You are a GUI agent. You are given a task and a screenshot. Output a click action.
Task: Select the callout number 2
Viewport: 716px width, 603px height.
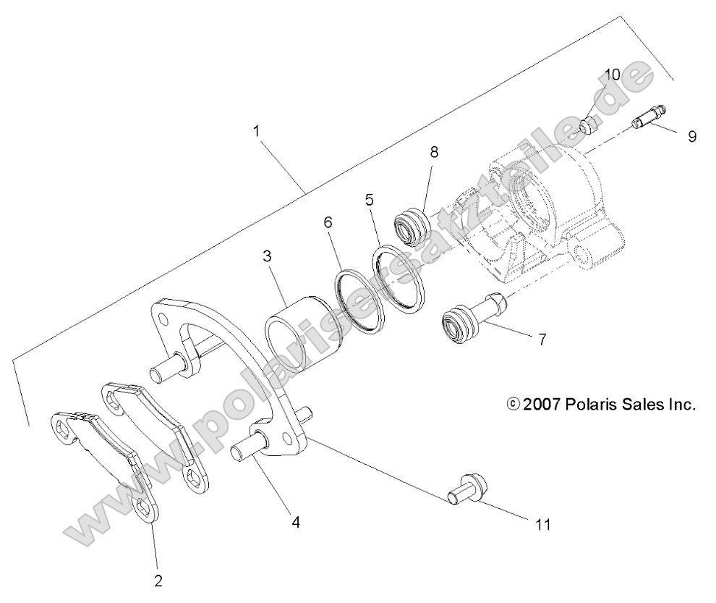[x=158, y=579]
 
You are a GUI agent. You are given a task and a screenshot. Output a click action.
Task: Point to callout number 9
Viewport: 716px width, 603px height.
[x=692, y=135]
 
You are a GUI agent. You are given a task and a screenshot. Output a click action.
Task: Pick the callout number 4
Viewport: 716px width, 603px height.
[x=296, y=520]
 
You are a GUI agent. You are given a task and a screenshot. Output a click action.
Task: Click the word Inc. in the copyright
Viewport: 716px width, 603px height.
[x=680, y=405]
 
